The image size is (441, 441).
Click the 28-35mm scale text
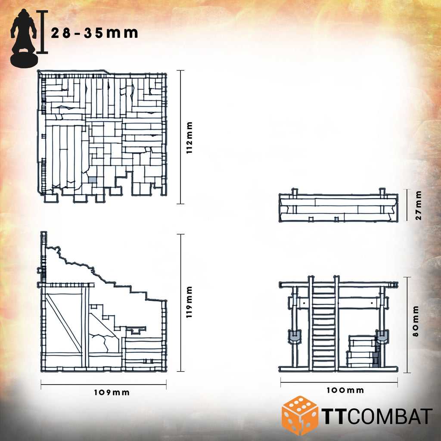tap(94, 33)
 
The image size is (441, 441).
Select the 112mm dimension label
tap(189, 137)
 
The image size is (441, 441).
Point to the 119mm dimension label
tap(189, 302)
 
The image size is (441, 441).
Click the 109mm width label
tap(112, 392)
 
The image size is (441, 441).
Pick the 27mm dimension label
tap(419, 205)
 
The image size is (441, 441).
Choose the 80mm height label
tap(416, 321)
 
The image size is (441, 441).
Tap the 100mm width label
tap(345, 390)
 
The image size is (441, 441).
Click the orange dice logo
tap(300, 415)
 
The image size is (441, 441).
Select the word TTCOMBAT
tap(377, 416)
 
